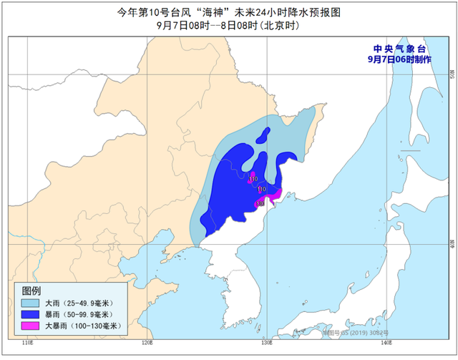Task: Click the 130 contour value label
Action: click(x=260, y=204)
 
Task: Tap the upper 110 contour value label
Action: click(x=253, y=178)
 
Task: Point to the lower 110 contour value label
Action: click(x=262, y=190)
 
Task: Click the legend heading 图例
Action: click(x=31, y=291)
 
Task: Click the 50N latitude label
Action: click(x=451, y=74)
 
